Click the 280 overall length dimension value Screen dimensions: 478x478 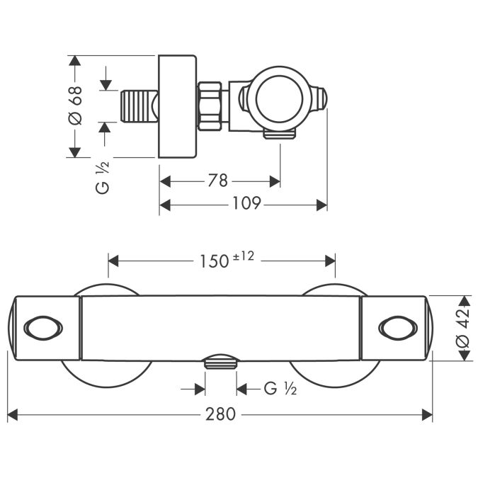(x=221, y=414)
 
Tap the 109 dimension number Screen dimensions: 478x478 (x=247, y=204)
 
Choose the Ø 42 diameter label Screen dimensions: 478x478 (x=461, y=327)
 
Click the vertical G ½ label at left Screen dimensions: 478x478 (x=103, y=178)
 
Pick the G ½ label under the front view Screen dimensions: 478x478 (x=280, y=388)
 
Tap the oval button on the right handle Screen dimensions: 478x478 (x=395, y=328)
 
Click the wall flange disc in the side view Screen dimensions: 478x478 (x=176, y=106)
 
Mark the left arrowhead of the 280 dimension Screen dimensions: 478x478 (x=12, y=414)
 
